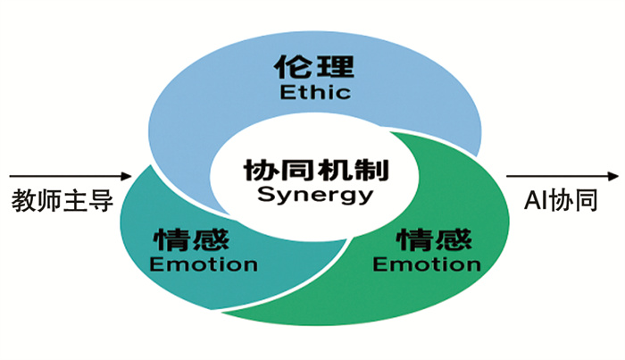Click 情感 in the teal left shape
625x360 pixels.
[191, 239]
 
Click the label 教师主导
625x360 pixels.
[63, 201]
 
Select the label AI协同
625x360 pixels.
[561, 201]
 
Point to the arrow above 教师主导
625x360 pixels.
[67, 175]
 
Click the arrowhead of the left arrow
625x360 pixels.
[128, 175]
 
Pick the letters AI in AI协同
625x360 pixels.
[534, 201]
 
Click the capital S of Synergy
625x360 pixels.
[263, 194]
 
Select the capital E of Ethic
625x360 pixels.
[285, 92]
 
